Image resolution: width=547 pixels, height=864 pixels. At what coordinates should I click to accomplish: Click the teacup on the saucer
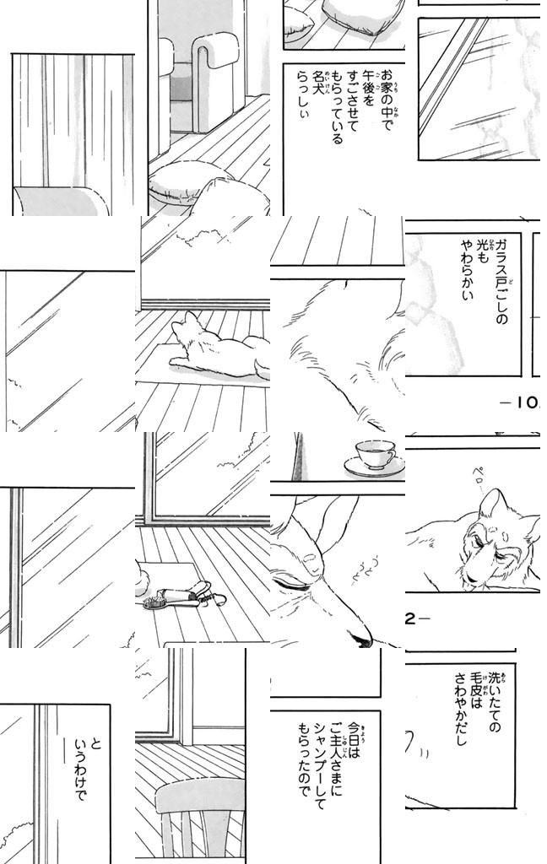tap(375, 454)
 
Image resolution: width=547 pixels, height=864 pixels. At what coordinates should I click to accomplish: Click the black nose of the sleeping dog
tap(362, 640)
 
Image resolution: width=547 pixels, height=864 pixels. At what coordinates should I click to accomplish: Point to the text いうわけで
tap(79, 772)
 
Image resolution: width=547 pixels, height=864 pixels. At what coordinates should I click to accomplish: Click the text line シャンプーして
tap(319, 766)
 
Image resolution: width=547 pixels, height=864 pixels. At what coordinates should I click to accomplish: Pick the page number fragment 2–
tap(417, 618)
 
